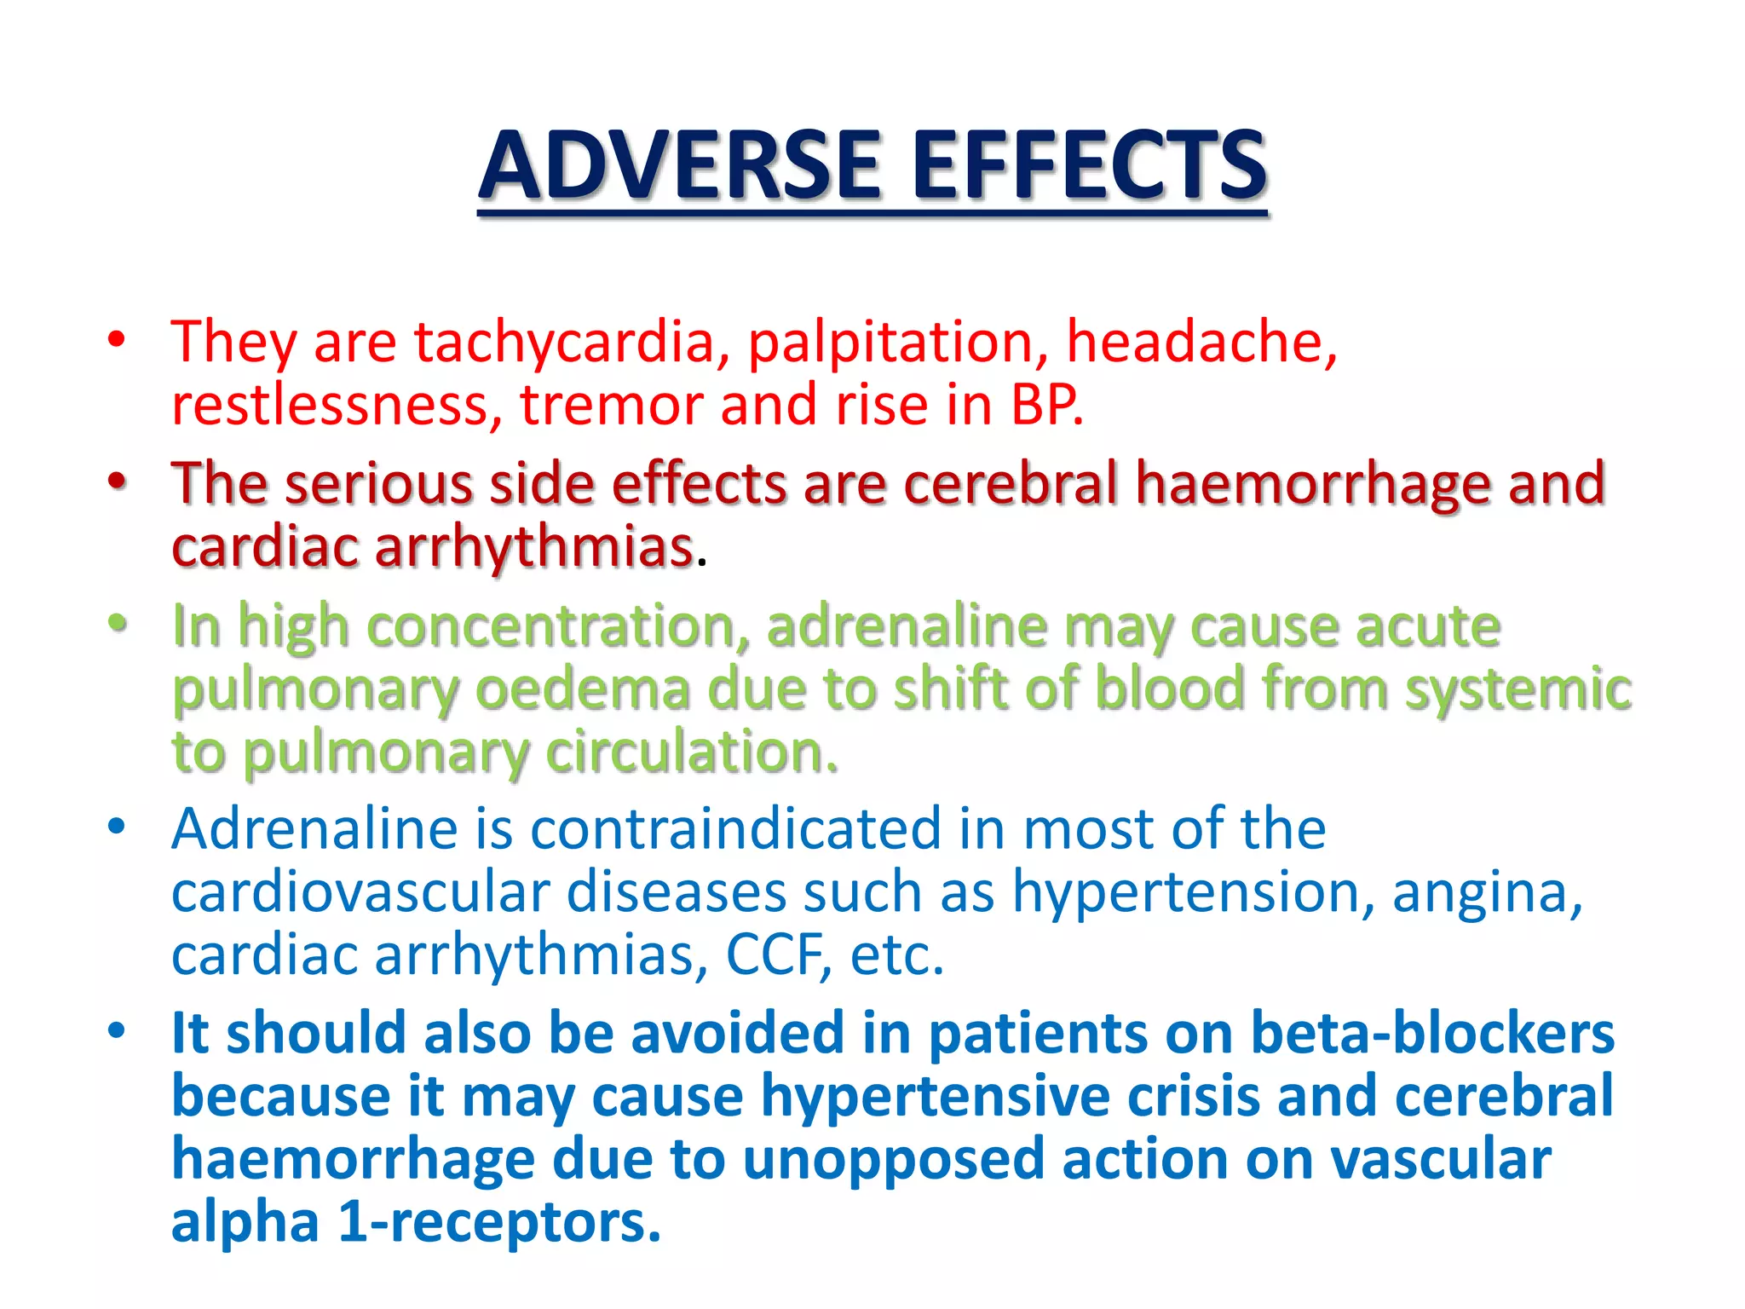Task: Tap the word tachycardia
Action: (572, 343)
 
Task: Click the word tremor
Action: (611, 406)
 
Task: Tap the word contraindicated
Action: (735, 828)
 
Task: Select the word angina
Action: (1487, 892)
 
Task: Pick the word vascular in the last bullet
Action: (1440, 1160)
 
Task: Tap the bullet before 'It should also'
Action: (117, 1032)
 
